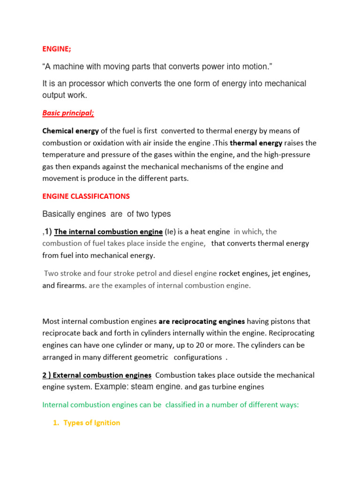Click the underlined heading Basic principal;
[x=68, y=113]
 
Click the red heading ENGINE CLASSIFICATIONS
[x=86, y=196]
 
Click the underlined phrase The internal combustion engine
[x=108, y=232]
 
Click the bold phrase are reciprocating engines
[x=202, y=322]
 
